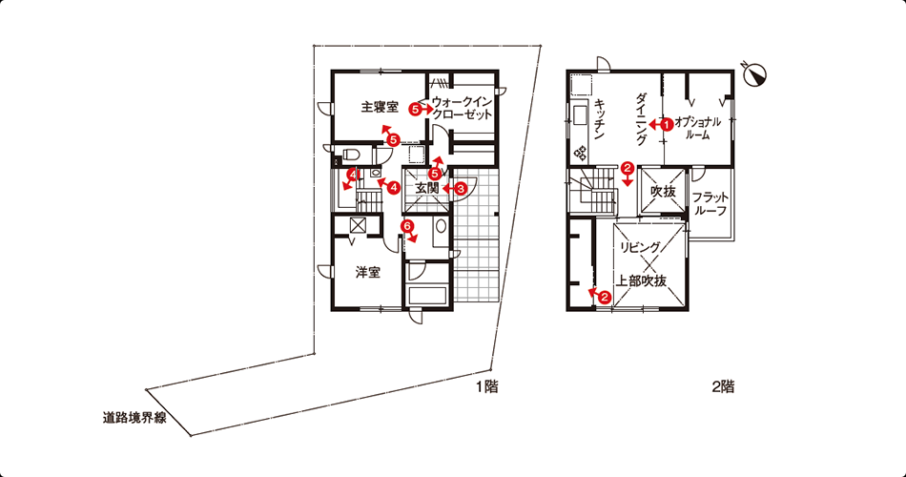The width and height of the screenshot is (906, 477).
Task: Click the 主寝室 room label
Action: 380,107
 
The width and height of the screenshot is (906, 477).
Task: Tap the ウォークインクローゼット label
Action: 462,108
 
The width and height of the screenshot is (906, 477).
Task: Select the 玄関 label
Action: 428,188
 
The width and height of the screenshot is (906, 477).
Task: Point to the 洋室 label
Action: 367,272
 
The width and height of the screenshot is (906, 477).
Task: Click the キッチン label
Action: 599,119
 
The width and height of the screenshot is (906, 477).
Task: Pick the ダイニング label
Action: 642,119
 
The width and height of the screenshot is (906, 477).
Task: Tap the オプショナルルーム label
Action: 697,129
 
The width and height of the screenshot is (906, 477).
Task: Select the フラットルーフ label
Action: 710,203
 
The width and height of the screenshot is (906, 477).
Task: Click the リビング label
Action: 640,247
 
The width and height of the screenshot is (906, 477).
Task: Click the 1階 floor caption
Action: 487,386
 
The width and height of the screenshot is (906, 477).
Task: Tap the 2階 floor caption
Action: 723,386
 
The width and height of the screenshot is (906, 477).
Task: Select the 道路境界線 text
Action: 134,418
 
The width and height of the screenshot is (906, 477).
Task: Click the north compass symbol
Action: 755,74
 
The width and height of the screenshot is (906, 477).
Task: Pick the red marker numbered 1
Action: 667,124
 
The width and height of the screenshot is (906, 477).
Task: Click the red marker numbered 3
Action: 461,188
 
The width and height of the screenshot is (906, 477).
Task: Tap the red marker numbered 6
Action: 407,225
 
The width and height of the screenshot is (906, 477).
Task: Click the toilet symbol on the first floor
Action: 352,155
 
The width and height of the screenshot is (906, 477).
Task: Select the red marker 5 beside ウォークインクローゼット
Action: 414,108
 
